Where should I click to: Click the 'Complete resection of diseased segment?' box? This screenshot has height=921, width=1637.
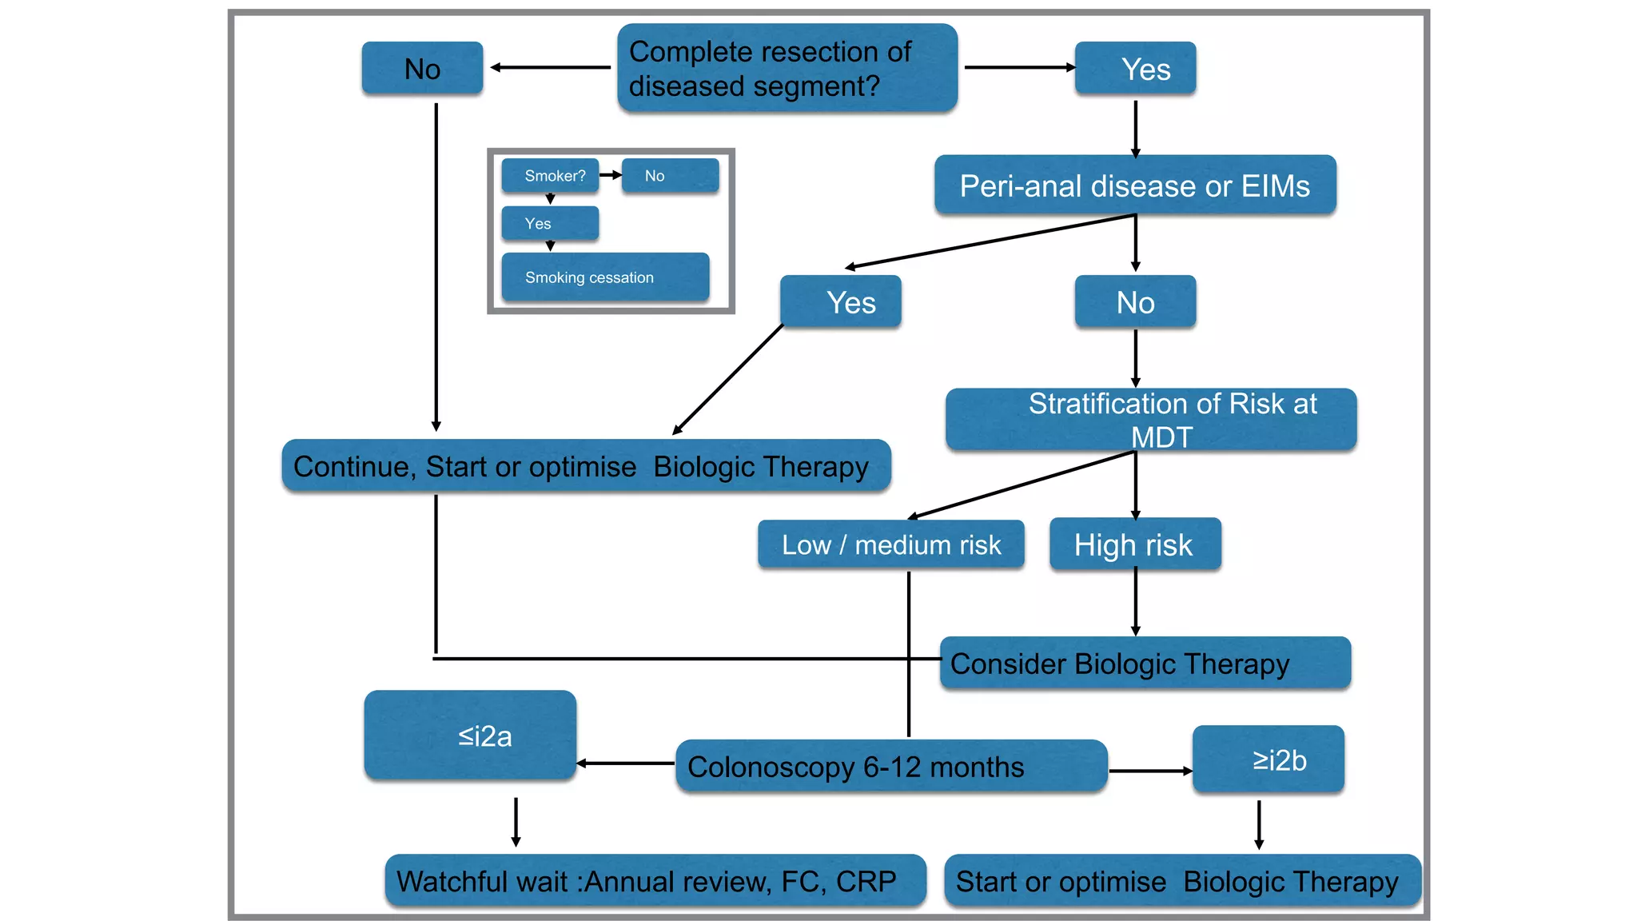tap(787, 68)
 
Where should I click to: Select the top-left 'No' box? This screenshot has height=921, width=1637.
tap(422, 69)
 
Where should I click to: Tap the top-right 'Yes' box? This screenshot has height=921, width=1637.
tap(1135, 69)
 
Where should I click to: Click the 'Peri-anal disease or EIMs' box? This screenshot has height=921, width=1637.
tap(1135, 185)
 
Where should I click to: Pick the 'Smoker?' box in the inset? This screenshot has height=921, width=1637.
tap(551, 175)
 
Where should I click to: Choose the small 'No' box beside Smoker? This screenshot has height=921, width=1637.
tap(670, 175)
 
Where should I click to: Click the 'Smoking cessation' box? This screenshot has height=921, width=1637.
tap(605, 277)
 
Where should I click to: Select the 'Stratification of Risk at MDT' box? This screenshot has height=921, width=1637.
tap(1151, 420)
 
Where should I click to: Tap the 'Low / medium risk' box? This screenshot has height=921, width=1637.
tap(891, 544)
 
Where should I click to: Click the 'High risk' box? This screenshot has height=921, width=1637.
tap(1135, 544)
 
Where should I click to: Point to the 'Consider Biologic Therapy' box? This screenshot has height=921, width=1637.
tap(1145, 664)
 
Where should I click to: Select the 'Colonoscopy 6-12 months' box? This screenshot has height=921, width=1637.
tap(891, 767)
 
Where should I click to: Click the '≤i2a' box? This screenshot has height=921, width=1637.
tap(470, 736)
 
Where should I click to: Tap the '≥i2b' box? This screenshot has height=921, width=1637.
tap(1268, 760)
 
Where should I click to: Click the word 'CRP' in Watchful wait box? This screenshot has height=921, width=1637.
tap(866, 881)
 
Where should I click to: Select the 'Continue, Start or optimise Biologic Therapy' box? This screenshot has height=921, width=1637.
tap(586, 466)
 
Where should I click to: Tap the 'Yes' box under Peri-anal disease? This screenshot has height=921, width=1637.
tap(841, 302)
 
